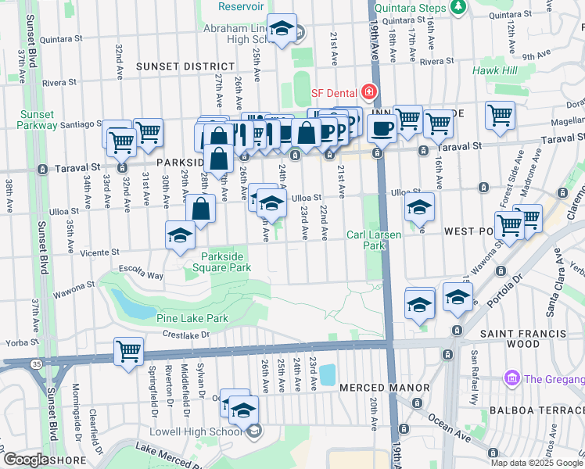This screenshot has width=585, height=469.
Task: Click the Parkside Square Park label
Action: click(x=226, y=261)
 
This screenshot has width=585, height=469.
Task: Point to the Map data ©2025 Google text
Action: click(x=537, y=463)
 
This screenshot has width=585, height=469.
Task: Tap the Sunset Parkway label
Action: click(x=37, y=120)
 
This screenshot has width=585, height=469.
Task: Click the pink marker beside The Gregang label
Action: click(x=513, y=378)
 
